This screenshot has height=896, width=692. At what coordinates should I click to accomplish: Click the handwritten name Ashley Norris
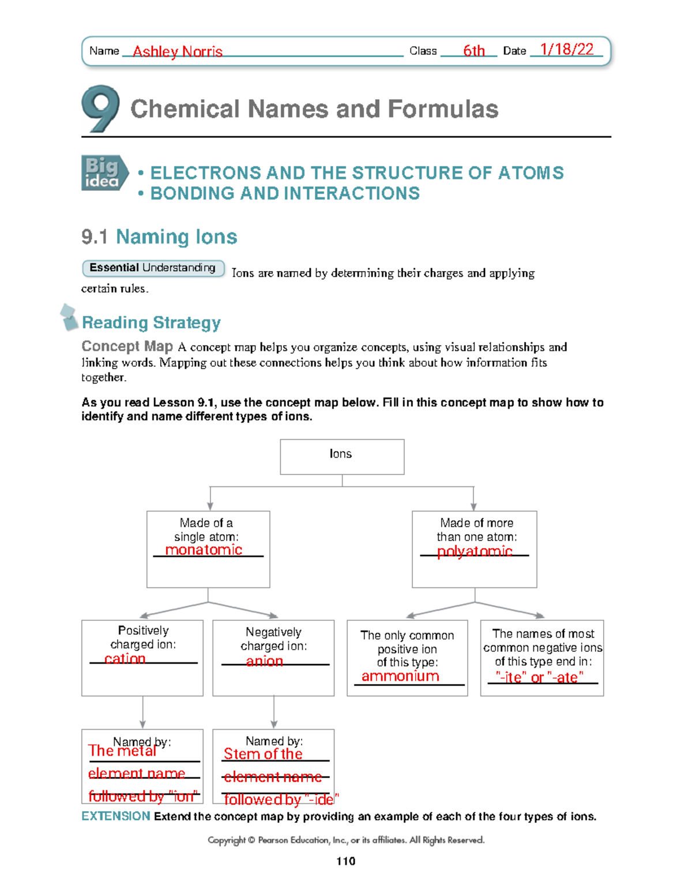click(178, 52)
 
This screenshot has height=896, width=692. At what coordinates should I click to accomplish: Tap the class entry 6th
click(474, 51)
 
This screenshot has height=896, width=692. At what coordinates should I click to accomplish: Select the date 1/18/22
click(567, 50)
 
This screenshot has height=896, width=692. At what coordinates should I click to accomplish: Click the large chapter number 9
click(100, 109)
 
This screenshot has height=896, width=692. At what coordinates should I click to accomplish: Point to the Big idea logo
click(104, 173)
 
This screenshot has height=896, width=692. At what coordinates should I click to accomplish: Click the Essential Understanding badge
click(153, 268)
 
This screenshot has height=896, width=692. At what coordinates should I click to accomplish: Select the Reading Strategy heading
click(151, 323)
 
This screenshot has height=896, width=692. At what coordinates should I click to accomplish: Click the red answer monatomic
click(204, 550)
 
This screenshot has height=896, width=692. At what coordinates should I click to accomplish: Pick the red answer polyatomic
click(475, 552)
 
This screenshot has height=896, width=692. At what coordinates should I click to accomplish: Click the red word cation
click(125, 659)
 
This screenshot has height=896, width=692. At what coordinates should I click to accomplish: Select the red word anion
click(265, 661)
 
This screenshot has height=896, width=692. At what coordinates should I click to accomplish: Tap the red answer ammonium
click(400, 676)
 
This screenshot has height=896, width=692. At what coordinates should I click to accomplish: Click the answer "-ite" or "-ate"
click(540, 677)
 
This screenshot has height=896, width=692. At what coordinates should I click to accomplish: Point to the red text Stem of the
click(263, 754)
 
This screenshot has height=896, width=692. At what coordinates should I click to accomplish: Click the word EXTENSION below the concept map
click(116, 816)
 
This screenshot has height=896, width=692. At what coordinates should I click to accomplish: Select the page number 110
click(345, 861)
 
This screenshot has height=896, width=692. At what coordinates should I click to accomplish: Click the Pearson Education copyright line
click(346, 840)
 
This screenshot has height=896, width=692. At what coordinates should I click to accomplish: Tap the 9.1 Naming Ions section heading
click(159, 237)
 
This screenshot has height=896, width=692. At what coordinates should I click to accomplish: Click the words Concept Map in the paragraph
click(127, 346)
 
